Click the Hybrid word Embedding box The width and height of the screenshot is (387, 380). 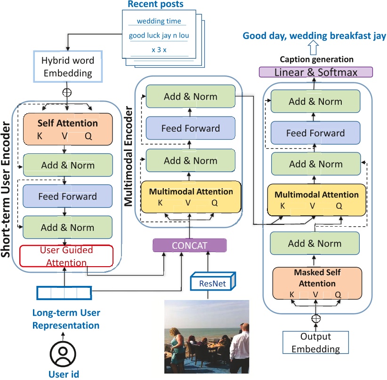click(67, 67)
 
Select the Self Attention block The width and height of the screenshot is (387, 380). click(67, 129)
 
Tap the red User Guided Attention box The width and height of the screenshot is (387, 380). click(66, 256)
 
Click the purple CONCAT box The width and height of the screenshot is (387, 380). click(190, 245)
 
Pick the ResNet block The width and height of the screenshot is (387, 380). click(208, 284)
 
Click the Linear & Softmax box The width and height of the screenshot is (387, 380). click(316, 72)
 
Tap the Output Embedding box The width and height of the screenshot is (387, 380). click(315, 343)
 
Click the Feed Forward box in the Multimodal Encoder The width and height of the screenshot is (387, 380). click(190, 128)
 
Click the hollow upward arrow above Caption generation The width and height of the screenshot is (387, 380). click(314, 47)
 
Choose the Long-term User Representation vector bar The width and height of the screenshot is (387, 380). click(64, 293)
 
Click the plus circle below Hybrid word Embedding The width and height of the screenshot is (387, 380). click(67, 92)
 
